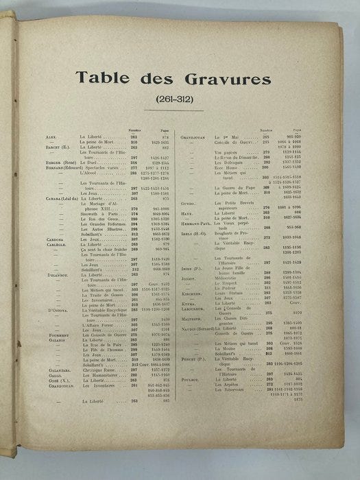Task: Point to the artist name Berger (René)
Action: tap(60, 163)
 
